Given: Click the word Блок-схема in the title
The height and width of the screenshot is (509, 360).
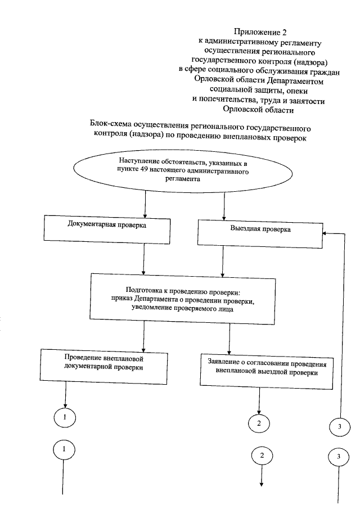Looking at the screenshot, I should pos(110,124).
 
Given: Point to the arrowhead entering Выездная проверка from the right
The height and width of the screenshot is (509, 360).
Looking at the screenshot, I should pos(325,235).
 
